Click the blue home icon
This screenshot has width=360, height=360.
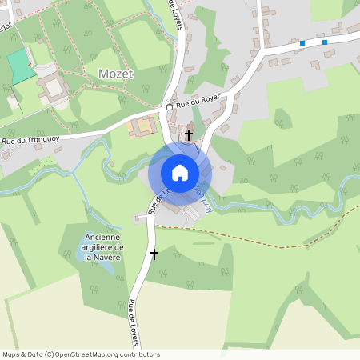pyautogui.click(x=179, y=173)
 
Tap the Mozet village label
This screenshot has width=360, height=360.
pyautogui.click(x=115, y=74)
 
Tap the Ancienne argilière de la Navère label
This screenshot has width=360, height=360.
pyautogui.click(x=103, y=247)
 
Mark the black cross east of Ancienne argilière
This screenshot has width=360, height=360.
pyautogui.click(x=154, y=254)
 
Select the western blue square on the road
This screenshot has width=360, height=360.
pyautogui.click(x=302, y=43)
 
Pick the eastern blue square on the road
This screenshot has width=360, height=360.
pyautogui.click(x=325, y=42)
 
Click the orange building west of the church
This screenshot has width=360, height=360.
pyautogui.click(x=143, y=126)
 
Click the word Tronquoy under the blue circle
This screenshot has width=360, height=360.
pyautogui.click(x=202, y=198)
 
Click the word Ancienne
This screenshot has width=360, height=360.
pyautogui.click(x=103, y=238)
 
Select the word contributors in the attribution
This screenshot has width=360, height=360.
pyautogui.click(x=137, y=354)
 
